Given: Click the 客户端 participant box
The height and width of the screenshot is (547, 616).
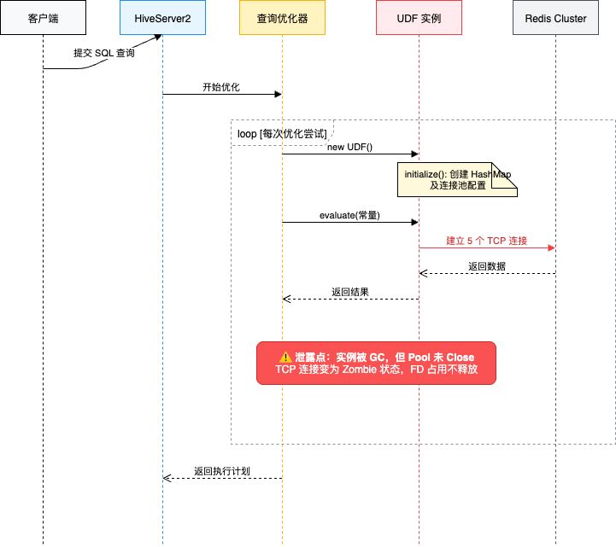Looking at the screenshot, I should point(43,18).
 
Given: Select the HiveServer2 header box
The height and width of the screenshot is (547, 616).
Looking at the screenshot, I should point(162,18).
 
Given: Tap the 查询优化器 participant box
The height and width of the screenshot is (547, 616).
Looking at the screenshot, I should point(282,18).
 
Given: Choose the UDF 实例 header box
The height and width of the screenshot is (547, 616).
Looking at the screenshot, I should point(419,18).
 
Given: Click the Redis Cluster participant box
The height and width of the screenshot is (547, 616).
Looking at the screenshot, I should point(555,18).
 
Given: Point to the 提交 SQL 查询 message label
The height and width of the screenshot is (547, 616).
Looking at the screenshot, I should point(103,53).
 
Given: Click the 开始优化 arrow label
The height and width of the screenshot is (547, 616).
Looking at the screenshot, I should point(221,87).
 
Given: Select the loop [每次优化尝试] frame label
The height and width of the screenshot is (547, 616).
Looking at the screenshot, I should point(281,134).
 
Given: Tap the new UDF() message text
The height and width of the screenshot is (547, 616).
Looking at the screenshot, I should point(349,148).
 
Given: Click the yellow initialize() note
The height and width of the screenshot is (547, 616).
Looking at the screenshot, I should point(460,179).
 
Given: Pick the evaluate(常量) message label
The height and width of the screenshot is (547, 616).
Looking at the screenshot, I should point(349,216).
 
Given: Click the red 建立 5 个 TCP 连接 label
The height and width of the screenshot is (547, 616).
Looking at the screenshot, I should point(486,241).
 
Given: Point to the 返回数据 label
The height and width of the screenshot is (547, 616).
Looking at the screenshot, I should point(486,266).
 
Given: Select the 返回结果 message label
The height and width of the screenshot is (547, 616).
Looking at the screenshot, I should point(350,292).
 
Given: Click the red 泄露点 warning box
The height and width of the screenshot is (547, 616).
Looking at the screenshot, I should point(376,363).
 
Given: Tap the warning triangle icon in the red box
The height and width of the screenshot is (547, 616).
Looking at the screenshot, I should point(285,357).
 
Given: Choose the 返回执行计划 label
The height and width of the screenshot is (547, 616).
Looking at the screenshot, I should point(221,471).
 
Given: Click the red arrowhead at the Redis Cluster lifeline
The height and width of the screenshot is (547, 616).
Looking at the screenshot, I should point(551,247).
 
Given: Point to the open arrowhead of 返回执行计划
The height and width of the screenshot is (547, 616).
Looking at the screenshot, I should point(167,478).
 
